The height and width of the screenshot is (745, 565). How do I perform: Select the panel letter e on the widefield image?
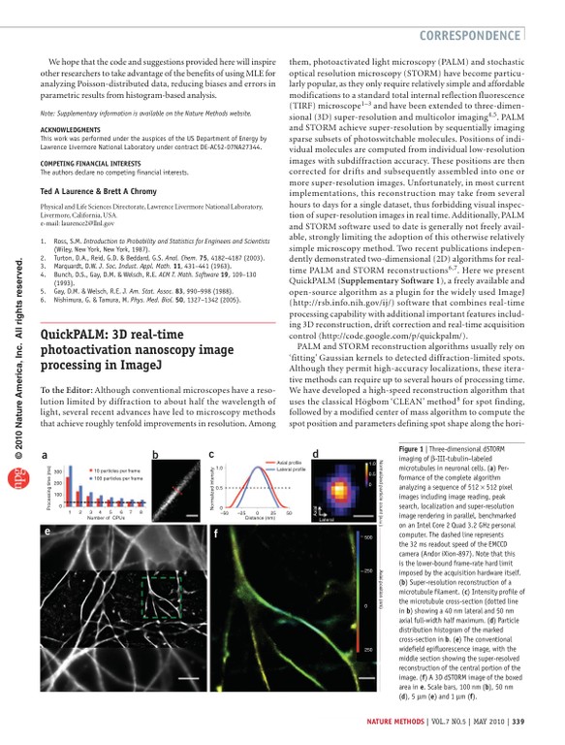pos(47,533)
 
